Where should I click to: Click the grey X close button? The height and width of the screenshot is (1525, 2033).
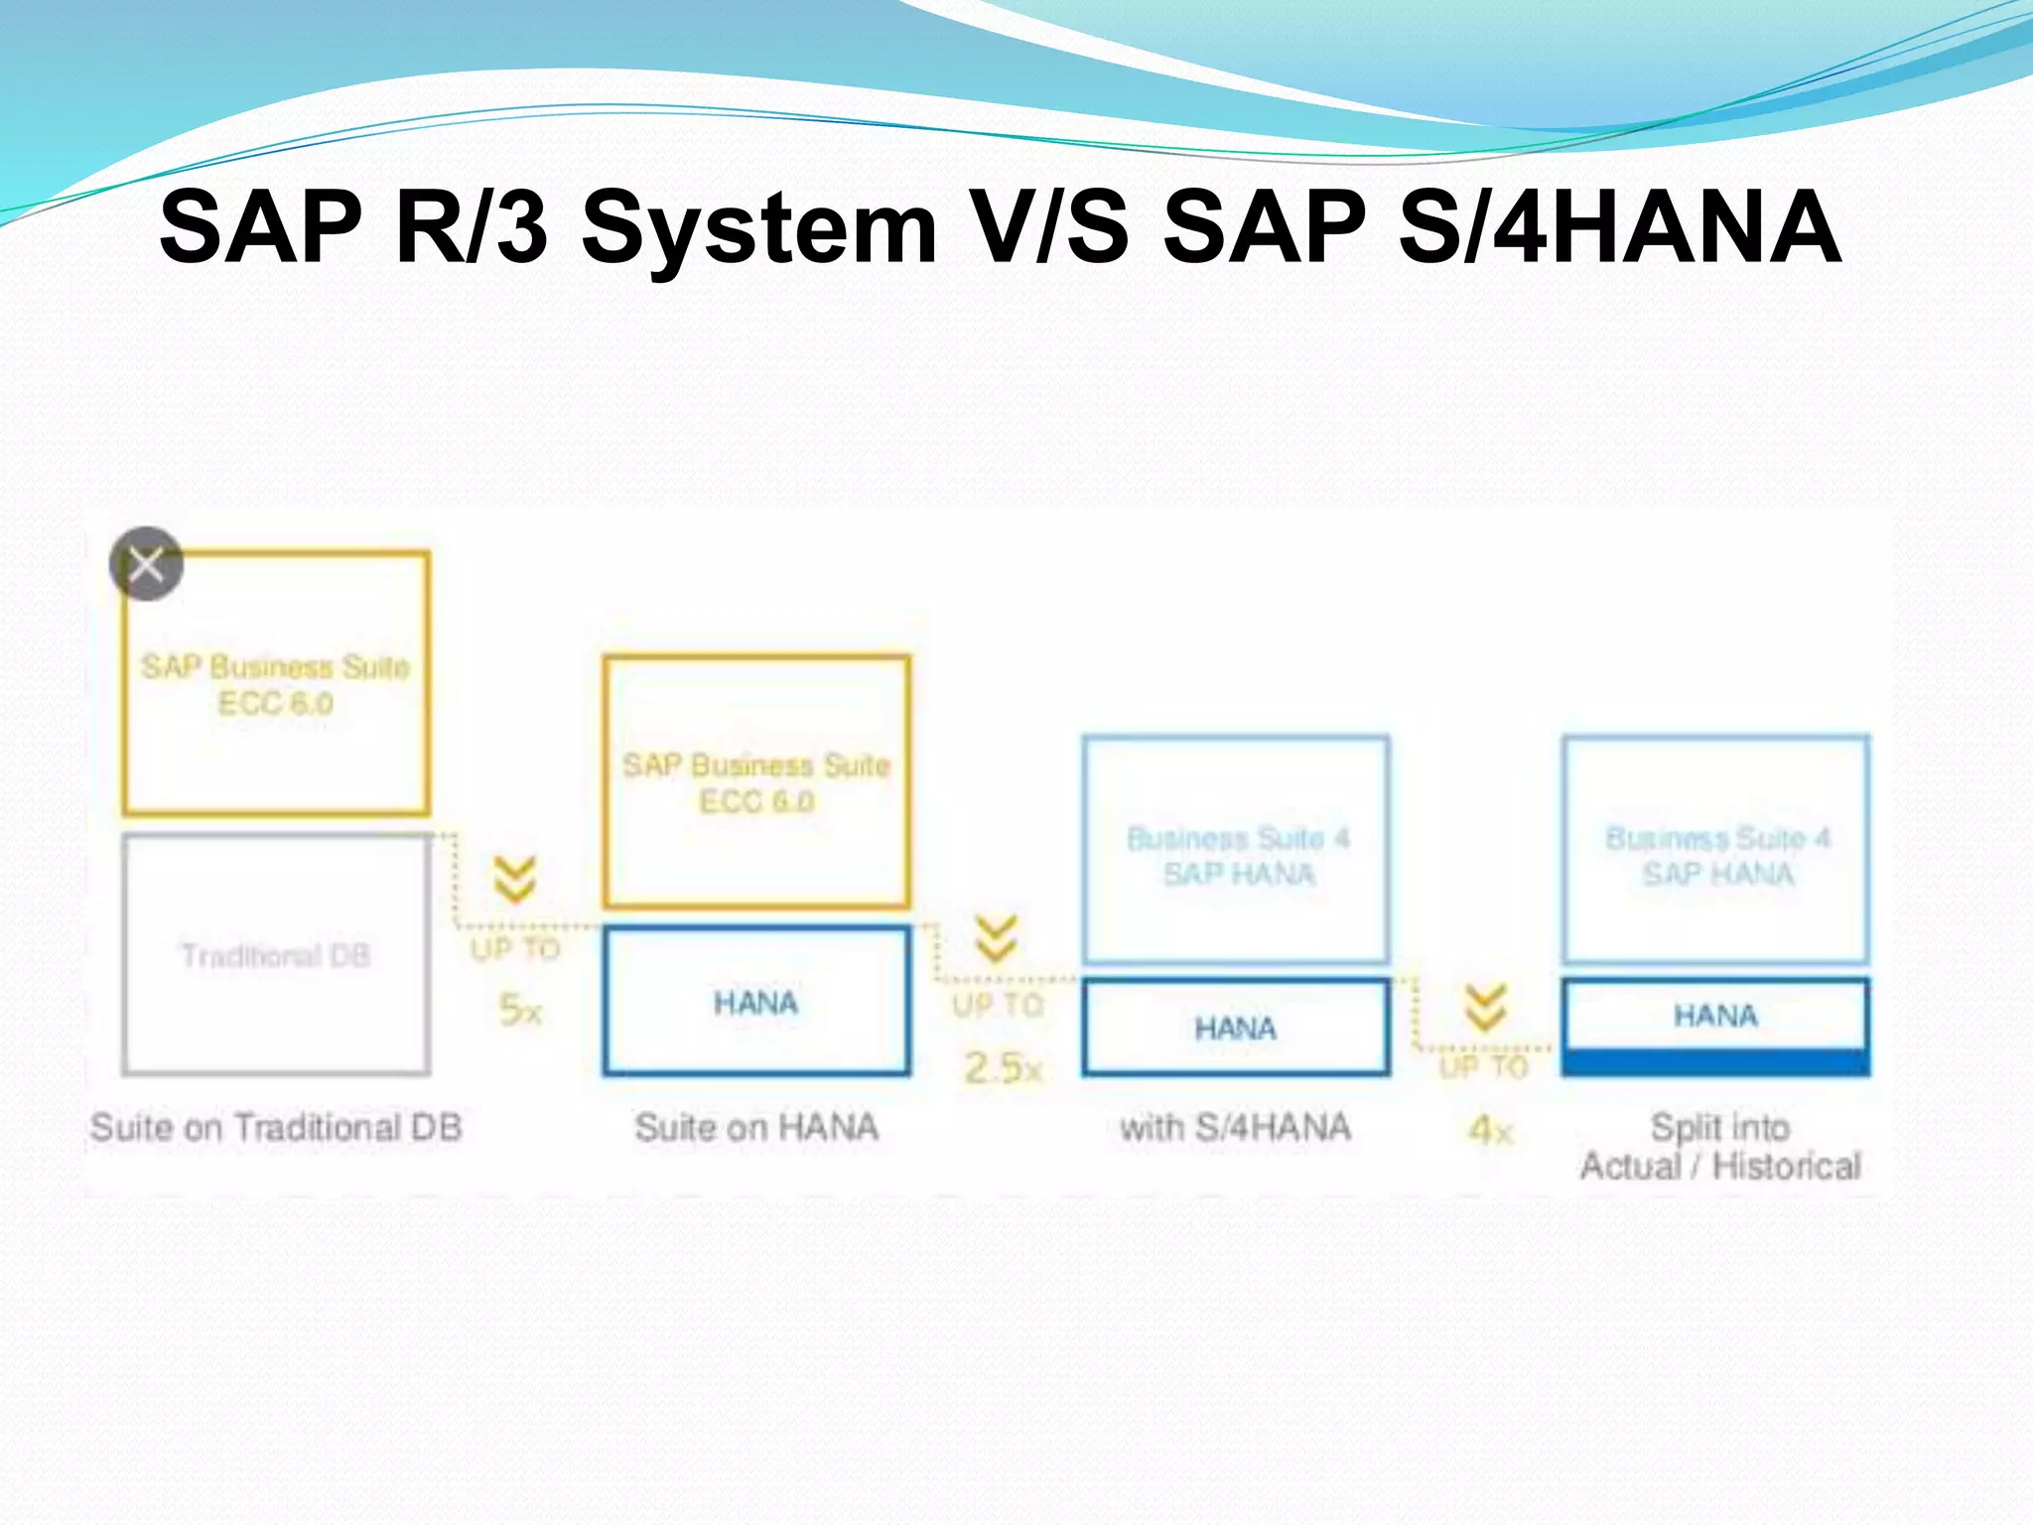click(147, 564)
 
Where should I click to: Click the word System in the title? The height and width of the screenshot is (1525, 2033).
click(759, 228)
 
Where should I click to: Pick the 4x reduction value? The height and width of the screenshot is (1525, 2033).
click(1490, 1130)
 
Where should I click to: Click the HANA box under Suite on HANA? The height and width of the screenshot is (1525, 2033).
click(755, 1002)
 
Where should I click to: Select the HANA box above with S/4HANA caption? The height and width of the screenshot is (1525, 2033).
click(1235, 1028)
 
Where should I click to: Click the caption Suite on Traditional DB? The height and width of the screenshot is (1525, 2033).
click(276, 1128)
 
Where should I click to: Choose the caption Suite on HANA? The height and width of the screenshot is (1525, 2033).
click(756, 1128)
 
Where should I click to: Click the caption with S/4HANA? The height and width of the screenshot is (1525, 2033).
click(1235, 1128)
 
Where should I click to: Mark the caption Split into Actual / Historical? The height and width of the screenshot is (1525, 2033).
click(1719, 1147)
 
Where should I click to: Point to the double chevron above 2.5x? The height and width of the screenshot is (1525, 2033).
click(996, 938)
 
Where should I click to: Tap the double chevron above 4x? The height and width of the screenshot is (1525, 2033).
click(1485, 1007)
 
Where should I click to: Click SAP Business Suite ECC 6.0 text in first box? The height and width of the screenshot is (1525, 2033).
click(276, 685)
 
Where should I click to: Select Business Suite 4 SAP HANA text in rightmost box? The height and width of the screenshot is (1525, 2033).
click(1717, 856)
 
